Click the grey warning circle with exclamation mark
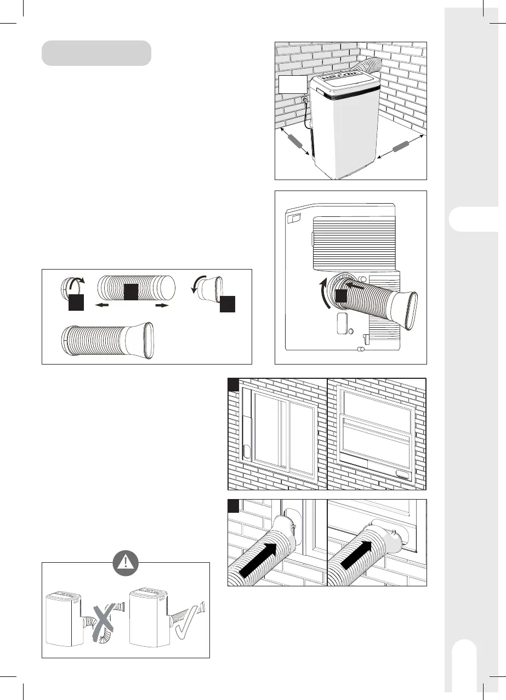(x=126, y=561)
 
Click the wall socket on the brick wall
(x=304, y=100)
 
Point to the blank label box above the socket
(x=293, y=85)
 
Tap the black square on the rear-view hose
(x=342, y=296)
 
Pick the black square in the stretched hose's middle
(x=130, y=292)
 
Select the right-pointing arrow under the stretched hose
(x=161, y=305)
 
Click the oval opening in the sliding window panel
(x=246, y=452)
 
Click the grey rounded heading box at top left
(x=96, y=53)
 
